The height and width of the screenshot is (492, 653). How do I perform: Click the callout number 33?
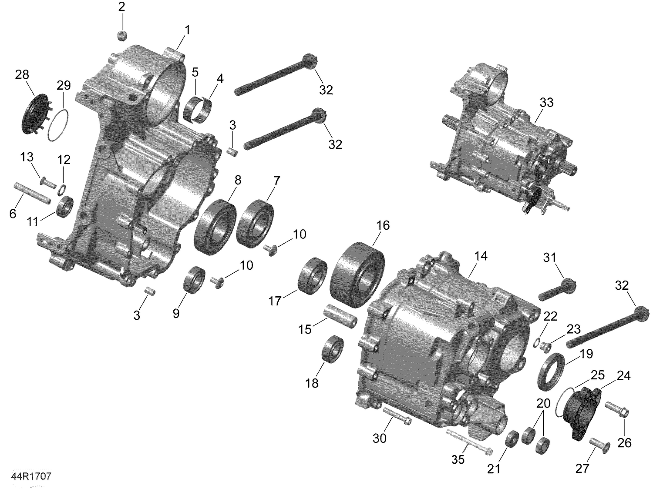pos(546,102)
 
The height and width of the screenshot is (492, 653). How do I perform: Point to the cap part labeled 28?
pos(34,112)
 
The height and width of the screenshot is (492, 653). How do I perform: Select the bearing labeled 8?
pos(215,227)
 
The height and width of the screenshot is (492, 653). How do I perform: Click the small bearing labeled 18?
pos(332,348)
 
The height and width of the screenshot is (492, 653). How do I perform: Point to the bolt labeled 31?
pos(558,291)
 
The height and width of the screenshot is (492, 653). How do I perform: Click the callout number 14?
pos(481,257)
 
